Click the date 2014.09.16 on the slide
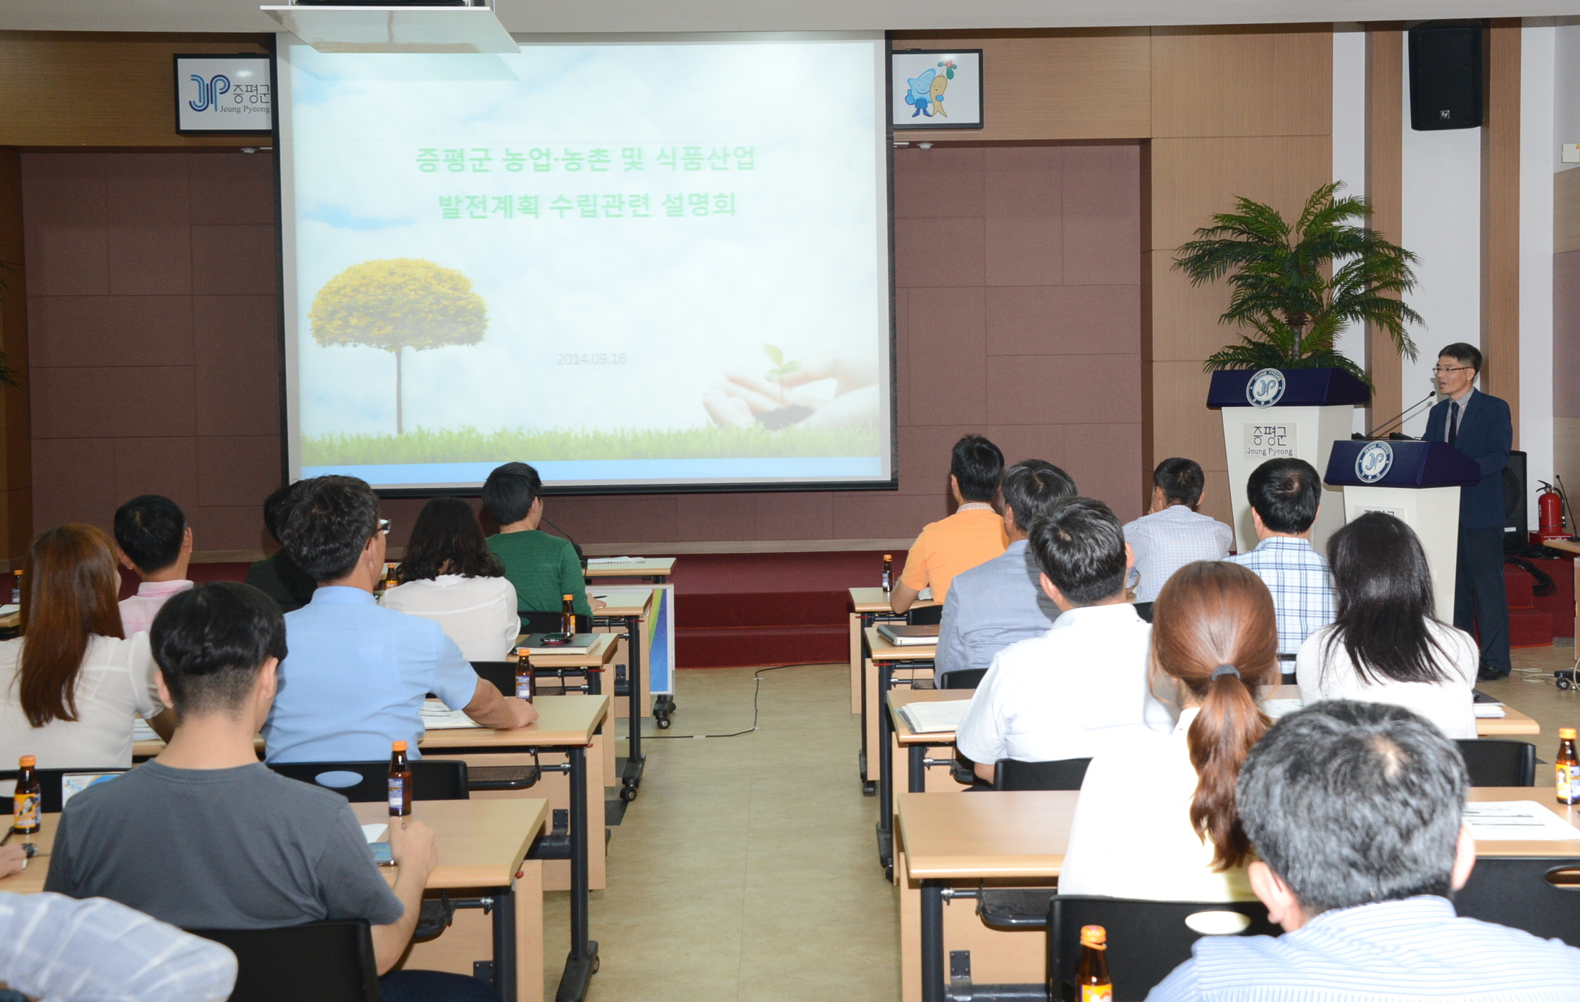pos(591,359)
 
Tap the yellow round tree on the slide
pos(398,306)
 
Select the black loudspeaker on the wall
pos(1445,75)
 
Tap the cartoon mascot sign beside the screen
pos(936,89)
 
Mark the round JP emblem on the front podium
pos(1374,462)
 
